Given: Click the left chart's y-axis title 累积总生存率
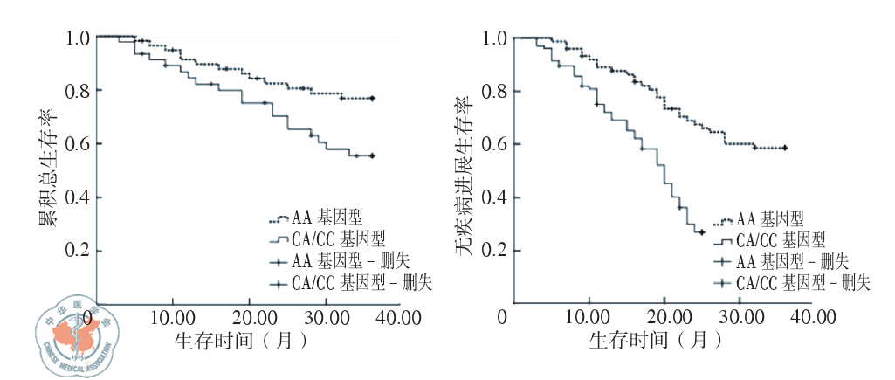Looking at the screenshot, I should pyautogui.click(x=46, y=166).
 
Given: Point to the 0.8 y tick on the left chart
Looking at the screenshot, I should pyautogui.click(x=78, y=91).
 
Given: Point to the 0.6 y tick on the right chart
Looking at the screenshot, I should pyautogui.click(x=495, y=144).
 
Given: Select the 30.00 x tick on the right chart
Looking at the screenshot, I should pyautogui.click(x=744, y=314).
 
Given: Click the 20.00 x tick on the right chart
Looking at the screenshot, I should pyautogui.click(x=667, y=314).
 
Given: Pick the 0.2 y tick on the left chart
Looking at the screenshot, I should pyautogui.click(x=78, y=251).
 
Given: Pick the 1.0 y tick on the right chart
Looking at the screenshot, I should pyautogui.click(x=495, y=38).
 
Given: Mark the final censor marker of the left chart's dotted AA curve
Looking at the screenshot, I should pyautogui.click(x=373, y=99).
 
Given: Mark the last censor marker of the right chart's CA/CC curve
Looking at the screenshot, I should pyautogui.click(x=700, y=231).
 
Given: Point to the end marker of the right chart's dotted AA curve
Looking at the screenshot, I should pyautogui.click(x=785, y=149).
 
